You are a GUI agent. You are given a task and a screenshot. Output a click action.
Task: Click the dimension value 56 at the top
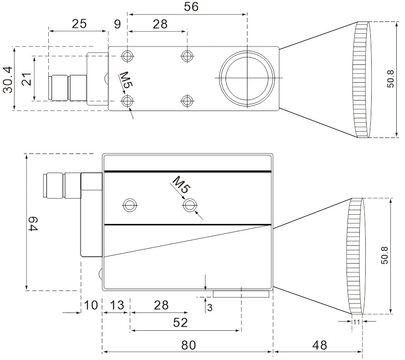(191, 7)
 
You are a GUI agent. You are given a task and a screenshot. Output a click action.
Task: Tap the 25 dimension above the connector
(79, 24)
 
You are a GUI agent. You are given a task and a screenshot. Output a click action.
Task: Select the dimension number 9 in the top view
(117, 24)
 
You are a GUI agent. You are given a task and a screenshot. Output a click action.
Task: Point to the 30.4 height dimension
(8, 79)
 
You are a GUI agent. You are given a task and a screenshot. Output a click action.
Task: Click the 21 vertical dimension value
(26, 79)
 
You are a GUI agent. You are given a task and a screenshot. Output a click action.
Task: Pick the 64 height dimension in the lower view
(33, 224)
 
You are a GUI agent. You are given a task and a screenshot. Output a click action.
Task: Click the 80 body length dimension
(189, 345)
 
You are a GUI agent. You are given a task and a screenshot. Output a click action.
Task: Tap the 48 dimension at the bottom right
(320, 345)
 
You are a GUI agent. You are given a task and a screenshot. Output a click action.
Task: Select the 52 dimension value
(180, 323)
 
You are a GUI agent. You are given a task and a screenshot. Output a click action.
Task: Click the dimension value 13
(117, 305)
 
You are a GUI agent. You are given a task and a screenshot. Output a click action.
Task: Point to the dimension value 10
(91, 305)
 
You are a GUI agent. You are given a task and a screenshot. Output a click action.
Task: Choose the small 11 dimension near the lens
(357, 322)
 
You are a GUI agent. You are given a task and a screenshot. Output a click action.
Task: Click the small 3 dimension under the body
(210, 307)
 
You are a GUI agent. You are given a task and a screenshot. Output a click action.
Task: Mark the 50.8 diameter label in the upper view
(391, 79)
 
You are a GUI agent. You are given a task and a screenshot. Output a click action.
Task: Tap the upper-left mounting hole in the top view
(127, 56)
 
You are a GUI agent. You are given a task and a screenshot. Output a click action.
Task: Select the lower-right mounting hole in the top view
(187, 101)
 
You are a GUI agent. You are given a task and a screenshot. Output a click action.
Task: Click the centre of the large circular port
(247, 78)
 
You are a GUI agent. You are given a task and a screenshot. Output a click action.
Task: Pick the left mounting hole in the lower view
(129, 206)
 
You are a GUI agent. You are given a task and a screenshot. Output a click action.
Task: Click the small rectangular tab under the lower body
(241, 294)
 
